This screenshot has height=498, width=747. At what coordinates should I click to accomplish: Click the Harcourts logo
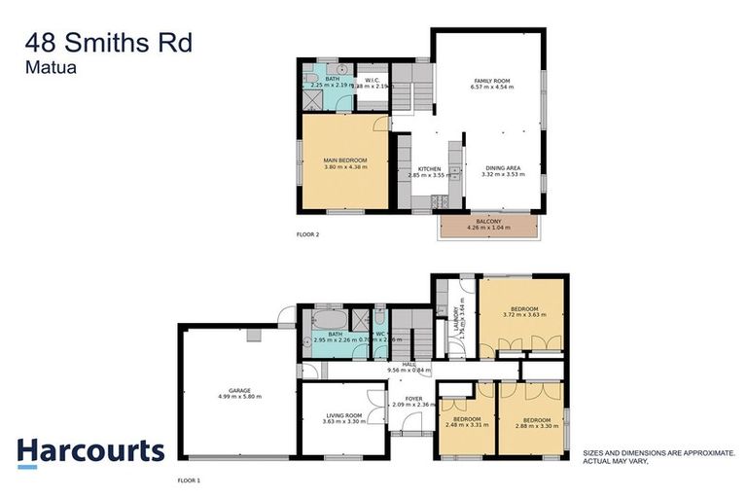click(x=89, y=451)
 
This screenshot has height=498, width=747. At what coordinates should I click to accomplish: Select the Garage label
click(x=238, y=393)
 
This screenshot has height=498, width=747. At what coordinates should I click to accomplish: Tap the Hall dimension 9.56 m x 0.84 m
click(x=409, y=371)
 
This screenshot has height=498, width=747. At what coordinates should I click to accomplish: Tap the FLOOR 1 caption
click(x=189, y=480)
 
